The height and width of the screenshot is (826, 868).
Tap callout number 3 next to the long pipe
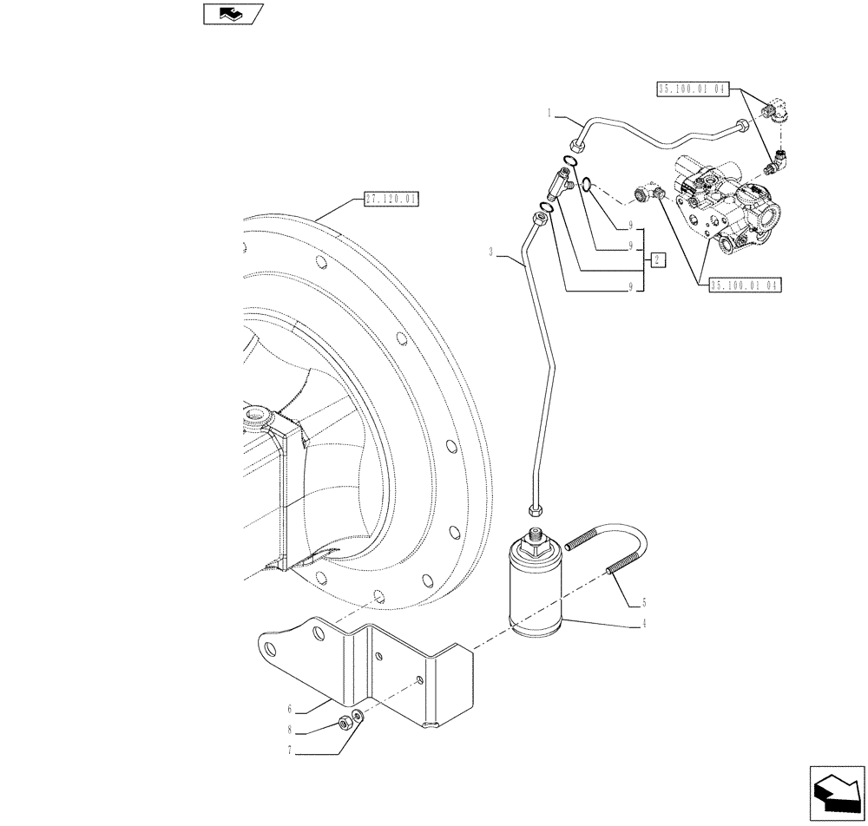coord(491,253)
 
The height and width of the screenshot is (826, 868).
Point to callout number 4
coord(644,622)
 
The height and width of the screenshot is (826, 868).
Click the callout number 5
coord(643,600)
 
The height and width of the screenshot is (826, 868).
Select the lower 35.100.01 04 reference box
coord(746,284)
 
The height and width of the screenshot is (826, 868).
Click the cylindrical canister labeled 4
coord(536,590)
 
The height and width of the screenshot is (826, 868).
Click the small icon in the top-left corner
coord(227,14)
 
